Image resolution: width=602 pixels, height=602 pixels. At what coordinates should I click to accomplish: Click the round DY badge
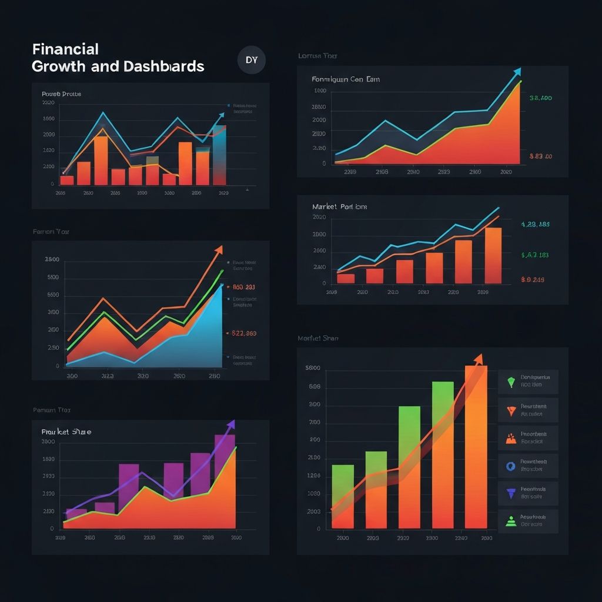252,60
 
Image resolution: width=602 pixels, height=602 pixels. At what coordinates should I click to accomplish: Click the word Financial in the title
65,49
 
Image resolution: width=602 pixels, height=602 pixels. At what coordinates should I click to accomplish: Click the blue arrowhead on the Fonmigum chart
517,72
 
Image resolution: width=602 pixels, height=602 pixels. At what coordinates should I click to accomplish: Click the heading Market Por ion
340,207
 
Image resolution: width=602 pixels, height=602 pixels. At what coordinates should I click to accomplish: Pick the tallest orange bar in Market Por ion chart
493,255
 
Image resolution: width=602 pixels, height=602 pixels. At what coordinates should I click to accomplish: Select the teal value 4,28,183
535,224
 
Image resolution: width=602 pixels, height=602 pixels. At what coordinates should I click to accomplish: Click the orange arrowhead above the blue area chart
219,249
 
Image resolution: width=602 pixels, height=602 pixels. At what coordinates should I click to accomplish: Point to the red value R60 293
243,287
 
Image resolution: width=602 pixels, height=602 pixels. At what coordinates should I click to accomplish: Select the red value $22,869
244,333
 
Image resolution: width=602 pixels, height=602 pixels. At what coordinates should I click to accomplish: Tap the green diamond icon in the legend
510,382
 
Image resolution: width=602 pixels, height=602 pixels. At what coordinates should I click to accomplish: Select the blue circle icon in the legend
510,466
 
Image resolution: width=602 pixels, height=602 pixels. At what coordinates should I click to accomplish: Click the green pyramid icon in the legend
510,520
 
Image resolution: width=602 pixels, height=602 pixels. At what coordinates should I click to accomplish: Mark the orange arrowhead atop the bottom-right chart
479,358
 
